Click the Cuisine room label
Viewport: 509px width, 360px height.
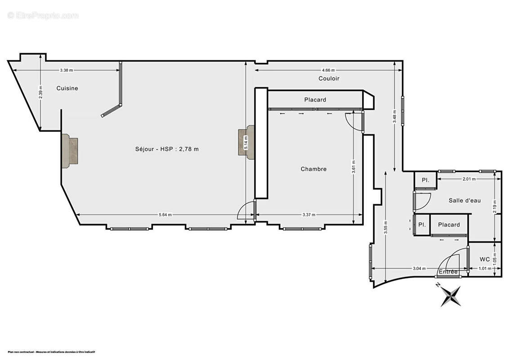(x=67, y=88)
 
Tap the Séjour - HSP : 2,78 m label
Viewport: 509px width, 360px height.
(x=166, y=149)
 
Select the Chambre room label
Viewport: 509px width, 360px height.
(x=313, y=169)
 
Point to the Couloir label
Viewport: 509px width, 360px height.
(x=329, y=78)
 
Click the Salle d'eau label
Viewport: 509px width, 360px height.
(x=464, y=200)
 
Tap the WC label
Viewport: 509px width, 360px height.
(x=484, y=259)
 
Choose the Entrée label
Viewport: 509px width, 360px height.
(x=448, y=272)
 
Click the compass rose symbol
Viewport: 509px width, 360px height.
(x=450, y=296)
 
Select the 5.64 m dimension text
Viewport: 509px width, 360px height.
(x=165, y=215)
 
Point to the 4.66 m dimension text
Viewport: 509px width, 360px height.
(x=328, y=70)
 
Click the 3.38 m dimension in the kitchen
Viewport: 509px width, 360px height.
(x=66, y=70)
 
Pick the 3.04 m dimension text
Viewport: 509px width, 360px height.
(x=419, y=269)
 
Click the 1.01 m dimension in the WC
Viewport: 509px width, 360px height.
(x=484, y=269)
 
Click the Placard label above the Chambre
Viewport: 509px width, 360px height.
(x=315, y=100)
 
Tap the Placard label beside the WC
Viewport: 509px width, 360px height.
(x=449, y=225)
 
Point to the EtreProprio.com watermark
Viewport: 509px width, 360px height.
(x=43, y=15)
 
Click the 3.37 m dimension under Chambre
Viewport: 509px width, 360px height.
(x=308, y=215)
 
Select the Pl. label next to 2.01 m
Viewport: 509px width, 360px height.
(x=425, y=180)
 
